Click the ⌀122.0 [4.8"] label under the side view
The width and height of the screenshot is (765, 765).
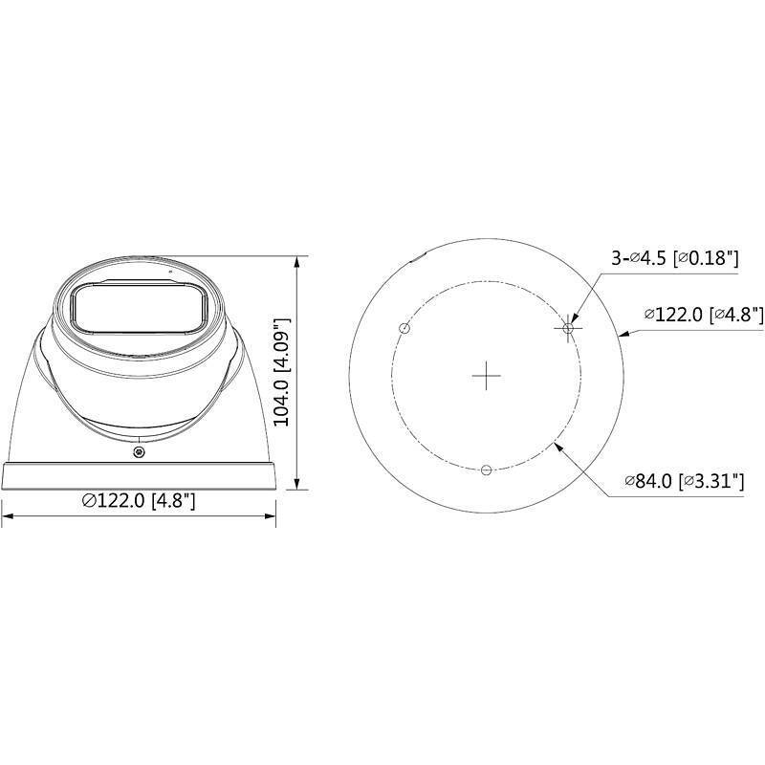tap(140, 500)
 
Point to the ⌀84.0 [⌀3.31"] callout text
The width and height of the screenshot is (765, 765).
tap(684, 481)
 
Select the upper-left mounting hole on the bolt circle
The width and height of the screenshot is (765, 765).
tap(404, 328)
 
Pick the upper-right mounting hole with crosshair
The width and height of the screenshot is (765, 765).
tap(569, 328)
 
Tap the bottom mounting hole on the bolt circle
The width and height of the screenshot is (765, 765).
tap(487, 470)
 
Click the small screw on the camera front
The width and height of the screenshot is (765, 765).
tap(140, 451)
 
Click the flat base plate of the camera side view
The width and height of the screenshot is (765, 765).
tap(140, 476)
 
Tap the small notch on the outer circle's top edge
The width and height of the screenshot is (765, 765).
tap(417, 256)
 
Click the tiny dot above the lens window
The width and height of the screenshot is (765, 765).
tap(171, 273)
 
